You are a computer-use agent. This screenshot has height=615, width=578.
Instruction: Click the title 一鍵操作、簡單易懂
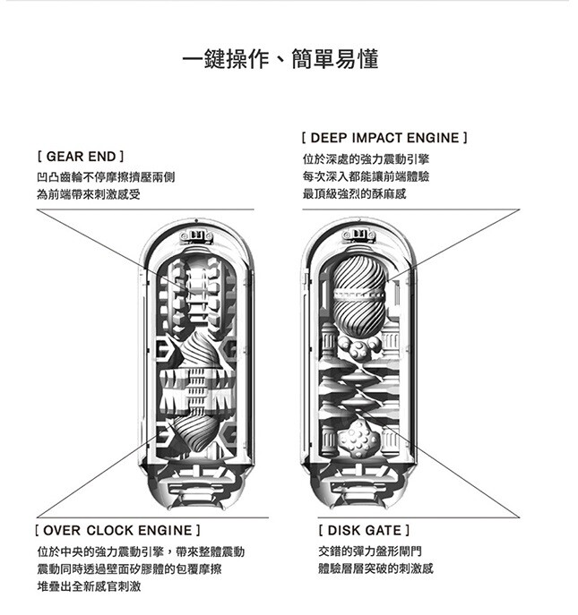(280, 60)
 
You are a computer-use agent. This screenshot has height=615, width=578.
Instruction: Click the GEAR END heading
(79, 156)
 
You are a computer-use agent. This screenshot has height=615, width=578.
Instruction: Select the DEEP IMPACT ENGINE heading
(385, 139)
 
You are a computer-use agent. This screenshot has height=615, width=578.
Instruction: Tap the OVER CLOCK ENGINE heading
(117, 531)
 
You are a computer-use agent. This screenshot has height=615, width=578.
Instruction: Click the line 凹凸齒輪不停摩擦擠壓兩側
(106, 176)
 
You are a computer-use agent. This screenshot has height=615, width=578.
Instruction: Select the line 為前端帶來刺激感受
(89, 194)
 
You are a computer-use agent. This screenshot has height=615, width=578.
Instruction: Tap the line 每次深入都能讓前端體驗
(366, 176)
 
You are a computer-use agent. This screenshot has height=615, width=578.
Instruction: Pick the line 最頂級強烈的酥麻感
(355, 193)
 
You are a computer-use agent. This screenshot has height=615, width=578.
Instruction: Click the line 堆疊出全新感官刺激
(89, 586)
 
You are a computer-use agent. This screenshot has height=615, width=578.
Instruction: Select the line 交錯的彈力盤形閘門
(369, 551)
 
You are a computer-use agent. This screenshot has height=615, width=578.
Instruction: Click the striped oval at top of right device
(358, 296)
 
